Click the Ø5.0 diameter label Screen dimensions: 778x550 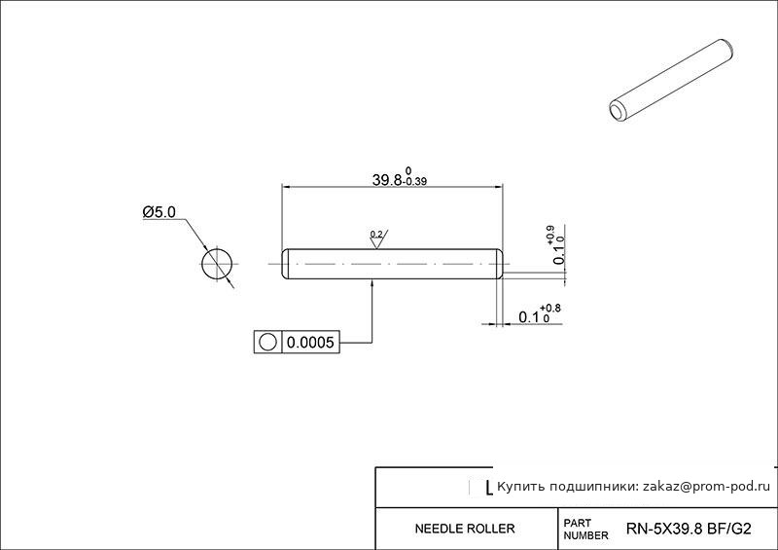[159, 212]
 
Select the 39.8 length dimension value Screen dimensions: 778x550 [387, 180]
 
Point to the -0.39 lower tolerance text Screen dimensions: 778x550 [416, 182]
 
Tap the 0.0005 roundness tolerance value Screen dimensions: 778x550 [310, 343]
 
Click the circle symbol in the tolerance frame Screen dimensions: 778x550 [267, 342]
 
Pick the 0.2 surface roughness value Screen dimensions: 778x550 [376, 234]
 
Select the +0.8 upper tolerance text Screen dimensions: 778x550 [550, 309]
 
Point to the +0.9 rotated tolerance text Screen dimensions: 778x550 [550, 235]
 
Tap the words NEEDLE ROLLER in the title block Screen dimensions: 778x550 [465, 529]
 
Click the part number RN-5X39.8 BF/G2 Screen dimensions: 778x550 [689, 529]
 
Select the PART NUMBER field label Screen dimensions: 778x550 [585, 530]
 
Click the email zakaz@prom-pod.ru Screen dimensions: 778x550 [707, 487]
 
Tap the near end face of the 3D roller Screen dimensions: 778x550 [617, 111]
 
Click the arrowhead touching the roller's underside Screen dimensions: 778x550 [372, 283]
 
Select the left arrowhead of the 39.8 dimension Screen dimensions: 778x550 [287, 187]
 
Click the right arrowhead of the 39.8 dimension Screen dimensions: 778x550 [498, 187]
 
